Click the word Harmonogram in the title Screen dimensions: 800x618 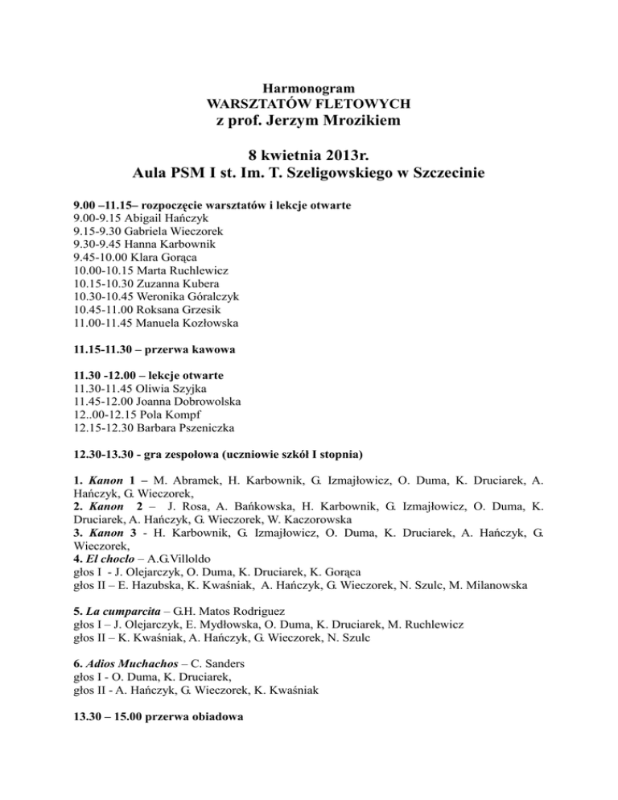tap(309, 87)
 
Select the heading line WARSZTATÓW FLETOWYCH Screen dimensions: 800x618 tap(309, 103)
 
